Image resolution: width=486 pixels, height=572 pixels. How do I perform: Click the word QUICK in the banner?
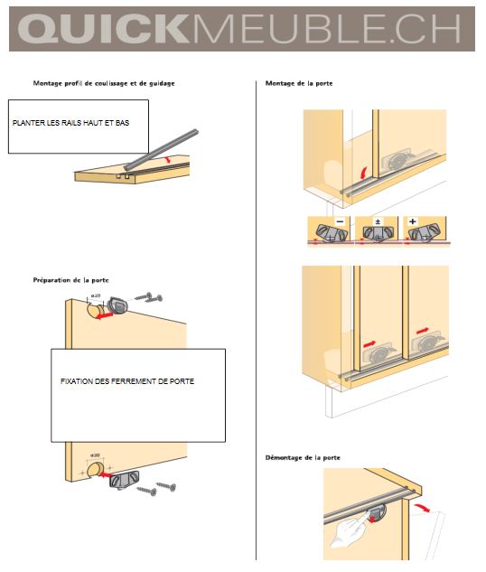[x=103, y=29]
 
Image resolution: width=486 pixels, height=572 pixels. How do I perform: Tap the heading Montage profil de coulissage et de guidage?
[x=104, y=83]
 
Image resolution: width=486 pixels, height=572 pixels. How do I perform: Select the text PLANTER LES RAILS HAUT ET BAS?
[x=70, y=123]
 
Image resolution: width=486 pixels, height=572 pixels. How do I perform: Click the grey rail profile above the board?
[x=161, y=150]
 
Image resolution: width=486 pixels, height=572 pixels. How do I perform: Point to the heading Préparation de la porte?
[x=70, y=280]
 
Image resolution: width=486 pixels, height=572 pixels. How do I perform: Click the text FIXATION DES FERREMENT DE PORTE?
[x=127, y=381]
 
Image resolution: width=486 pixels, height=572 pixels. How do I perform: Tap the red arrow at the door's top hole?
[x=104, y=315]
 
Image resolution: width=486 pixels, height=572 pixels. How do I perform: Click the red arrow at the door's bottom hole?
[x=106, y=474]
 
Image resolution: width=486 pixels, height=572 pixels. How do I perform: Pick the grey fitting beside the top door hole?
[x=117, y=305]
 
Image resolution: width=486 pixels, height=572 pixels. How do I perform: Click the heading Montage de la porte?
[x=299, y=83]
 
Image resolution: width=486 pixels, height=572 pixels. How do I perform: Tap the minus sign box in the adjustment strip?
[x=340, y=221]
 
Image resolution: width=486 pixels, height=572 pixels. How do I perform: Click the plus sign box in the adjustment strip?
[x=412, y=221]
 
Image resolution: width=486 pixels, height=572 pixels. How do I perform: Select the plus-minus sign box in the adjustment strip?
[x=379, y=221]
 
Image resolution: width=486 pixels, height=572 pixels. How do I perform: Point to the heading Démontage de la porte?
[x=303, y=457]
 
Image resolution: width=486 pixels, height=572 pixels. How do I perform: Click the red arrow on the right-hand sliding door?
[x=423, y=331]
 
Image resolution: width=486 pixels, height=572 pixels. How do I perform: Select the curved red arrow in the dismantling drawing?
[x=422, y=507]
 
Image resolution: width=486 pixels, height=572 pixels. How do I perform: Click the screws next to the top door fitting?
[x=149, y=297]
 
